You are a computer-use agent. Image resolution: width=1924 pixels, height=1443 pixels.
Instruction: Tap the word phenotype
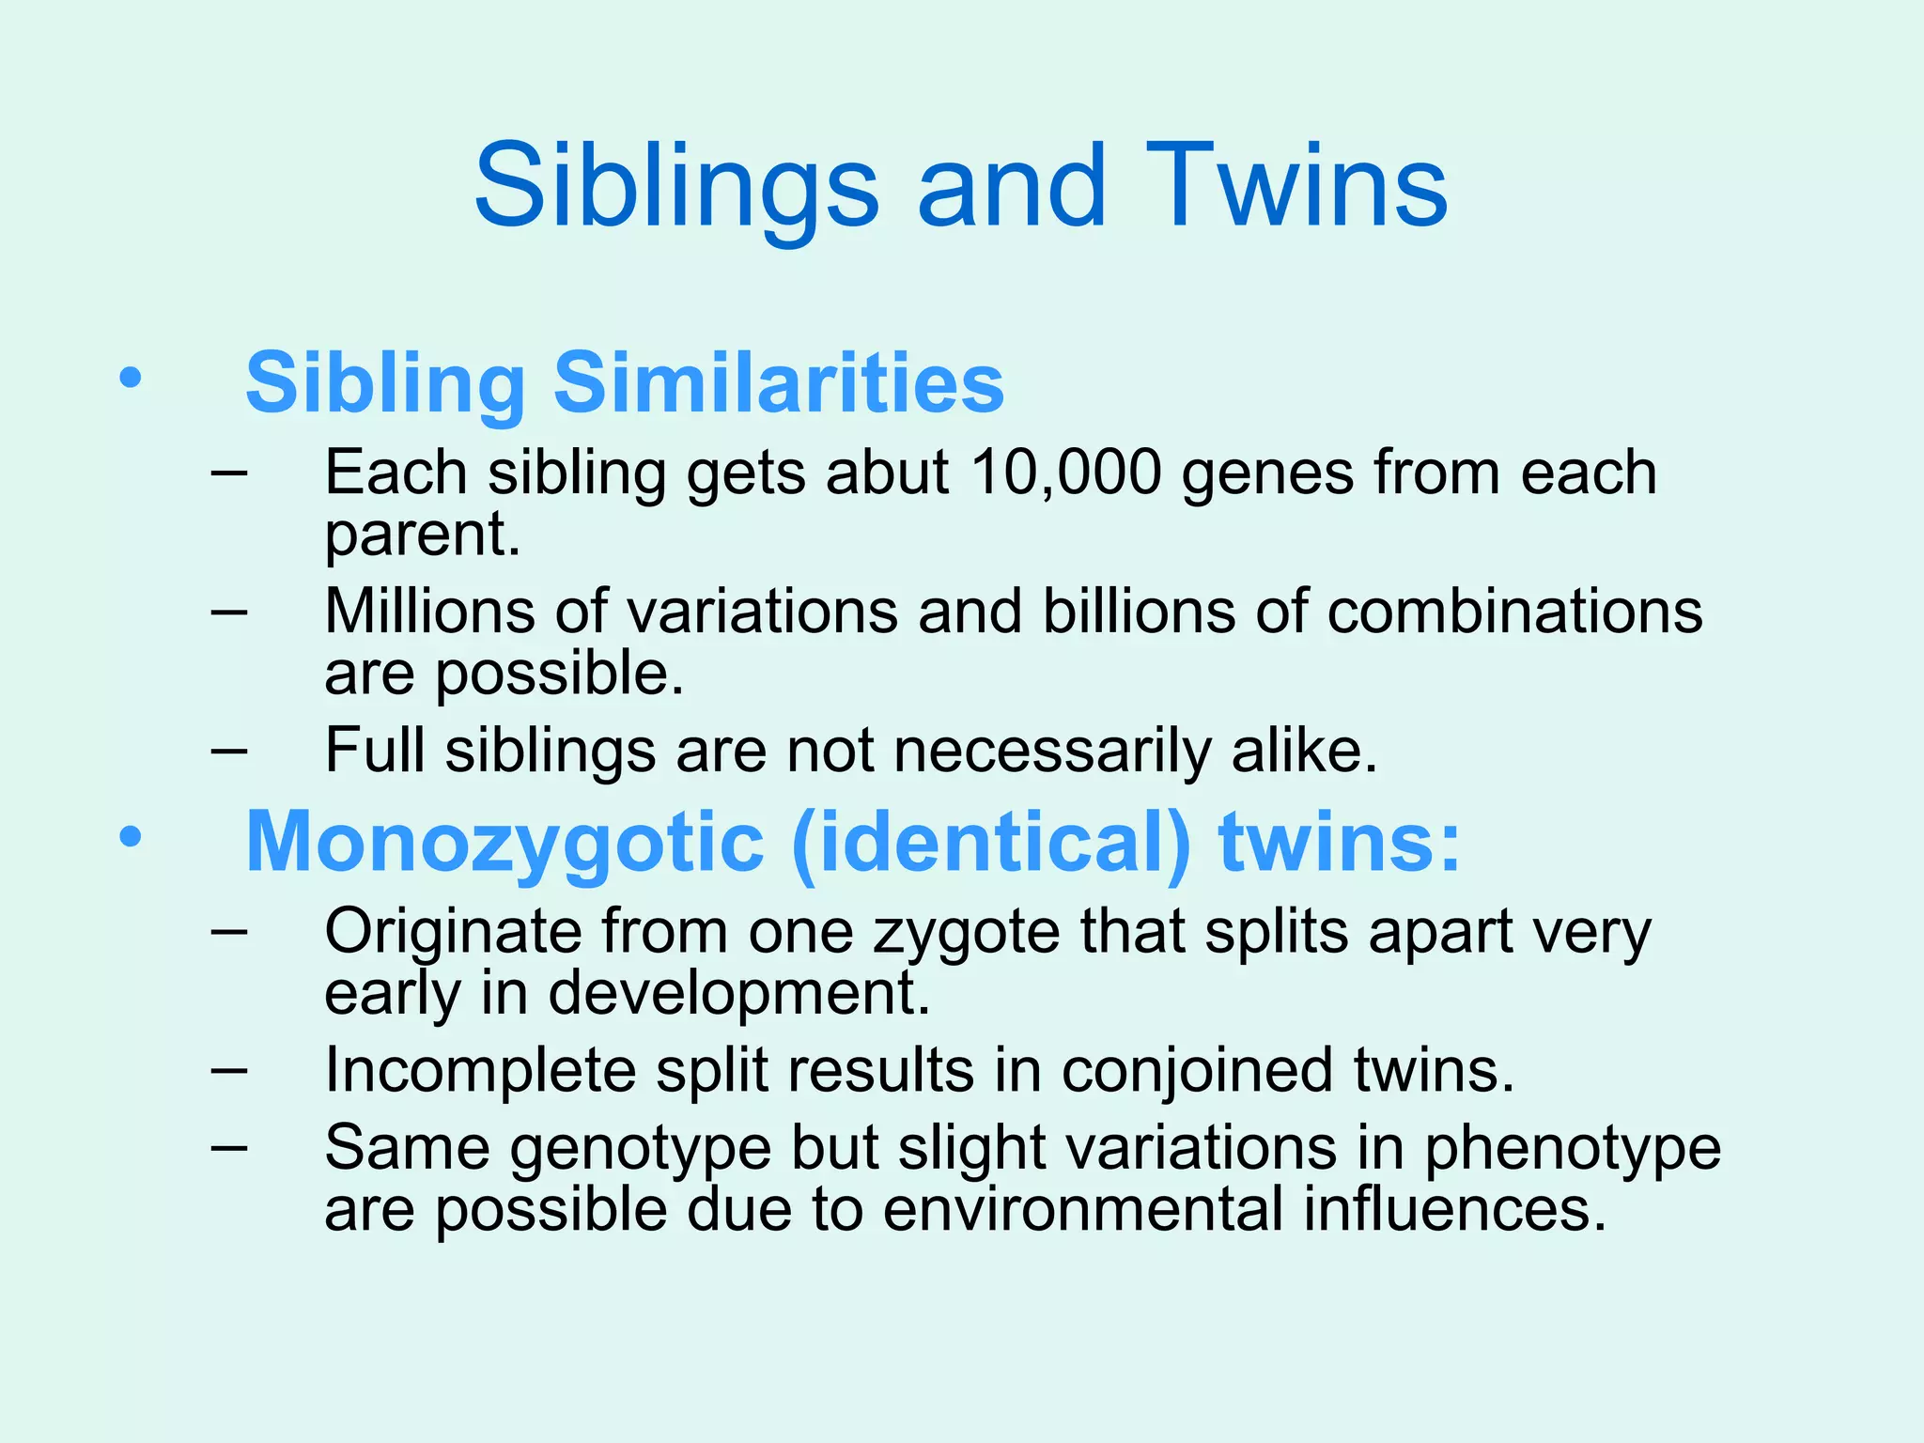1573,1149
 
